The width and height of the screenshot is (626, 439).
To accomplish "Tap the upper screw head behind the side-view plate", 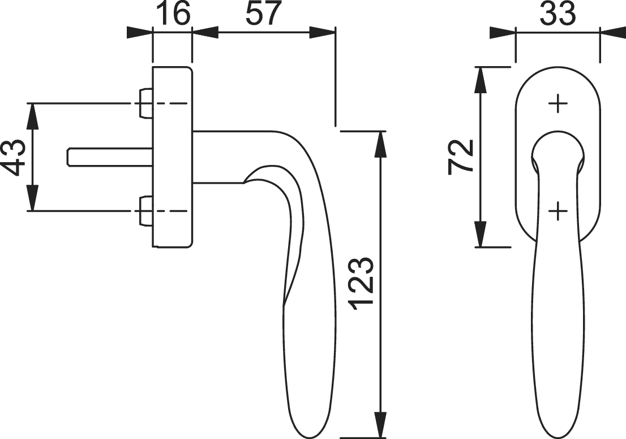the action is [145, 103].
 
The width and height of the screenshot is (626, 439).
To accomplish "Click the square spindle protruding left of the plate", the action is [109, 157].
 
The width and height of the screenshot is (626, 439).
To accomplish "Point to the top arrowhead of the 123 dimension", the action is [381, 145].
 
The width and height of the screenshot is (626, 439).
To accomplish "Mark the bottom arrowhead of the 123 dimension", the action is [381, 425].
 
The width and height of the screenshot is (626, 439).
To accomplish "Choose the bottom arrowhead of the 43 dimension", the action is [33, 197].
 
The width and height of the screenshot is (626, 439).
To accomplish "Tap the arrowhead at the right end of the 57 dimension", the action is [322, 33].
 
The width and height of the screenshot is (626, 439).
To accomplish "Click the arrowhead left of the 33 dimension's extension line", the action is [503, 33].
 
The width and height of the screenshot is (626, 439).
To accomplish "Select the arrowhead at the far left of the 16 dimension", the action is [139, 33].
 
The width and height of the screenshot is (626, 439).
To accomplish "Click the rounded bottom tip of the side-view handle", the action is [311, 437].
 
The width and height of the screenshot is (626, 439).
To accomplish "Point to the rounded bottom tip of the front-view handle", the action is [558, 437].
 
